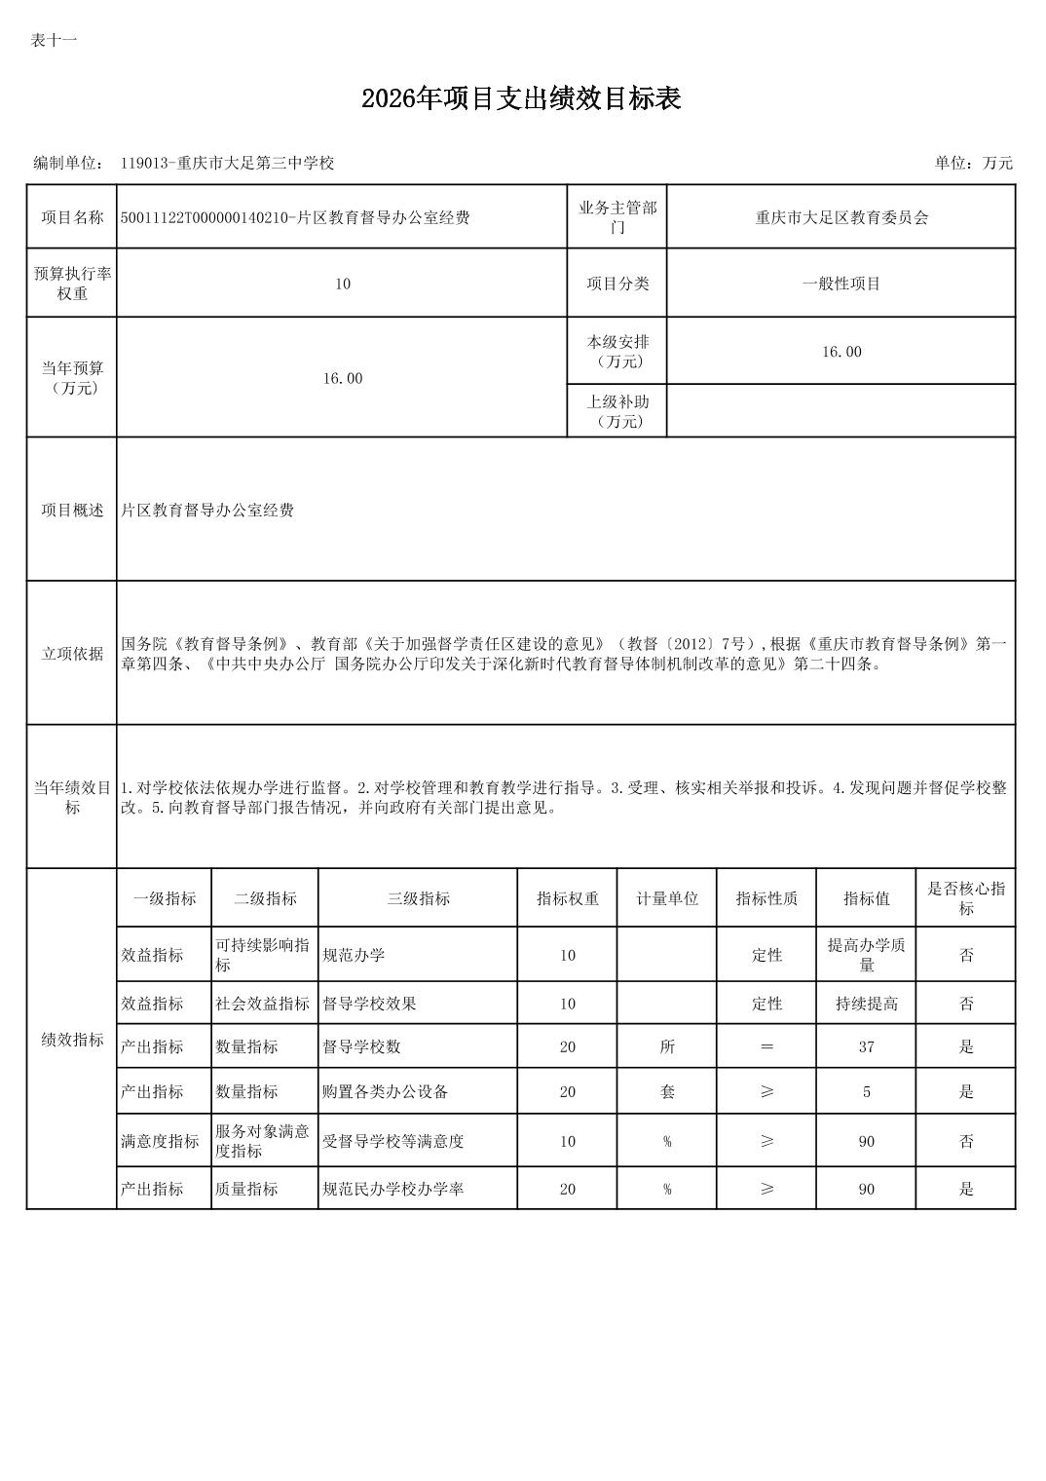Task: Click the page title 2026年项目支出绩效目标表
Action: [x=521, y=98]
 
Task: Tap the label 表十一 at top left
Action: [x=54, y=40]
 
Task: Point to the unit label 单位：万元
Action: [x=973, y=163]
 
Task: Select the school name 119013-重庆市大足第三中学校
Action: [x=227, y=163]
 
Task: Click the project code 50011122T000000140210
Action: [x=203, y=217]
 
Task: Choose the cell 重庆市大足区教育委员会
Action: [x=841, y=217]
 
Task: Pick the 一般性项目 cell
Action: [x=841, y=284]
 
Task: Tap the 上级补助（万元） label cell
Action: [x=617, y=411]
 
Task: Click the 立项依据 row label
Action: [x=72, y=654]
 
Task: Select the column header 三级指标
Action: [x=418, y=898]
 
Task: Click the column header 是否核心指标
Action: [x=965, y=898]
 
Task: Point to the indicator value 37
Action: [x=866, y=1046]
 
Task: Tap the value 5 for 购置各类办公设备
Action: [x=866, y=1091]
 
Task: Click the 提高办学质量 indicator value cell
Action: [x=866, y=955]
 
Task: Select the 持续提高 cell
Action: [x=866, y=1004]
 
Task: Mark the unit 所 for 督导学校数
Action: [x=667, y=1046]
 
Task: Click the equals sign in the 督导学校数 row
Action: [x=766, y=1046]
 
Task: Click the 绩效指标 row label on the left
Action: [x=72, y=1040]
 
